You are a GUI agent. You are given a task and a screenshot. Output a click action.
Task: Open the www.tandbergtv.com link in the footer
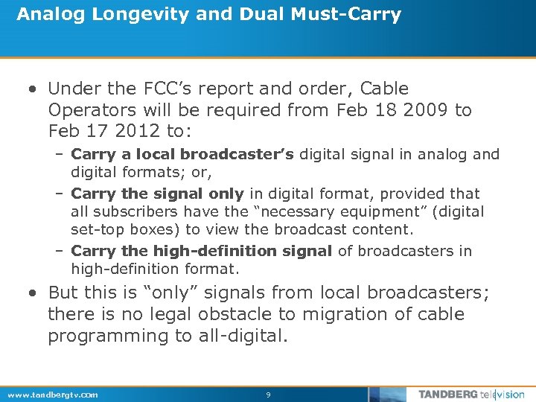[x=51, y=395]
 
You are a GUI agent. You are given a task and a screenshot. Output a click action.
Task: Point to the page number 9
[x=268, y=395]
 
